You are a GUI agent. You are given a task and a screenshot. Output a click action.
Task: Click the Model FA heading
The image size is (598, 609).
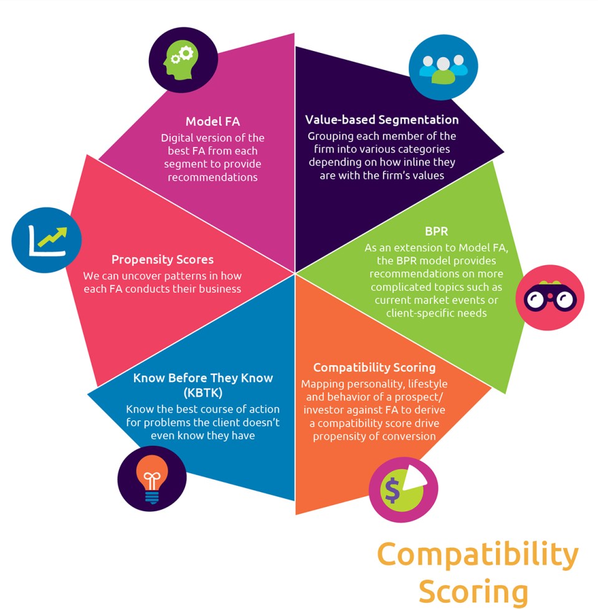(212, 122)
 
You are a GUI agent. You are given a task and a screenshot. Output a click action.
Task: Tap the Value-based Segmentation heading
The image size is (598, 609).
(382, 120)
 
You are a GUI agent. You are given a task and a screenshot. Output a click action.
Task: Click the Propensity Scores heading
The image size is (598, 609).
(163, 259)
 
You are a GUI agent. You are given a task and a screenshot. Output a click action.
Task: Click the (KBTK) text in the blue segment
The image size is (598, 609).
(203, 393)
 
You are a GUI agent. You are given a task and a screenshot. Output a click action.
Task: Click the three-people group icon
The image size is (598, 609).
(443, 67)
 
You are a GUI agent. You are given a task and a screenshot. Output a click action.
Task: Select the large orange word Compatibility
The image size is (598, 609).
(478, 554)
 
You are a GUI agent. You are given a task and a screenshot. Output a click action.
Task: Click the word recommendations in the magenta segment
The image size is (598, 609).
(212, 177)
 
